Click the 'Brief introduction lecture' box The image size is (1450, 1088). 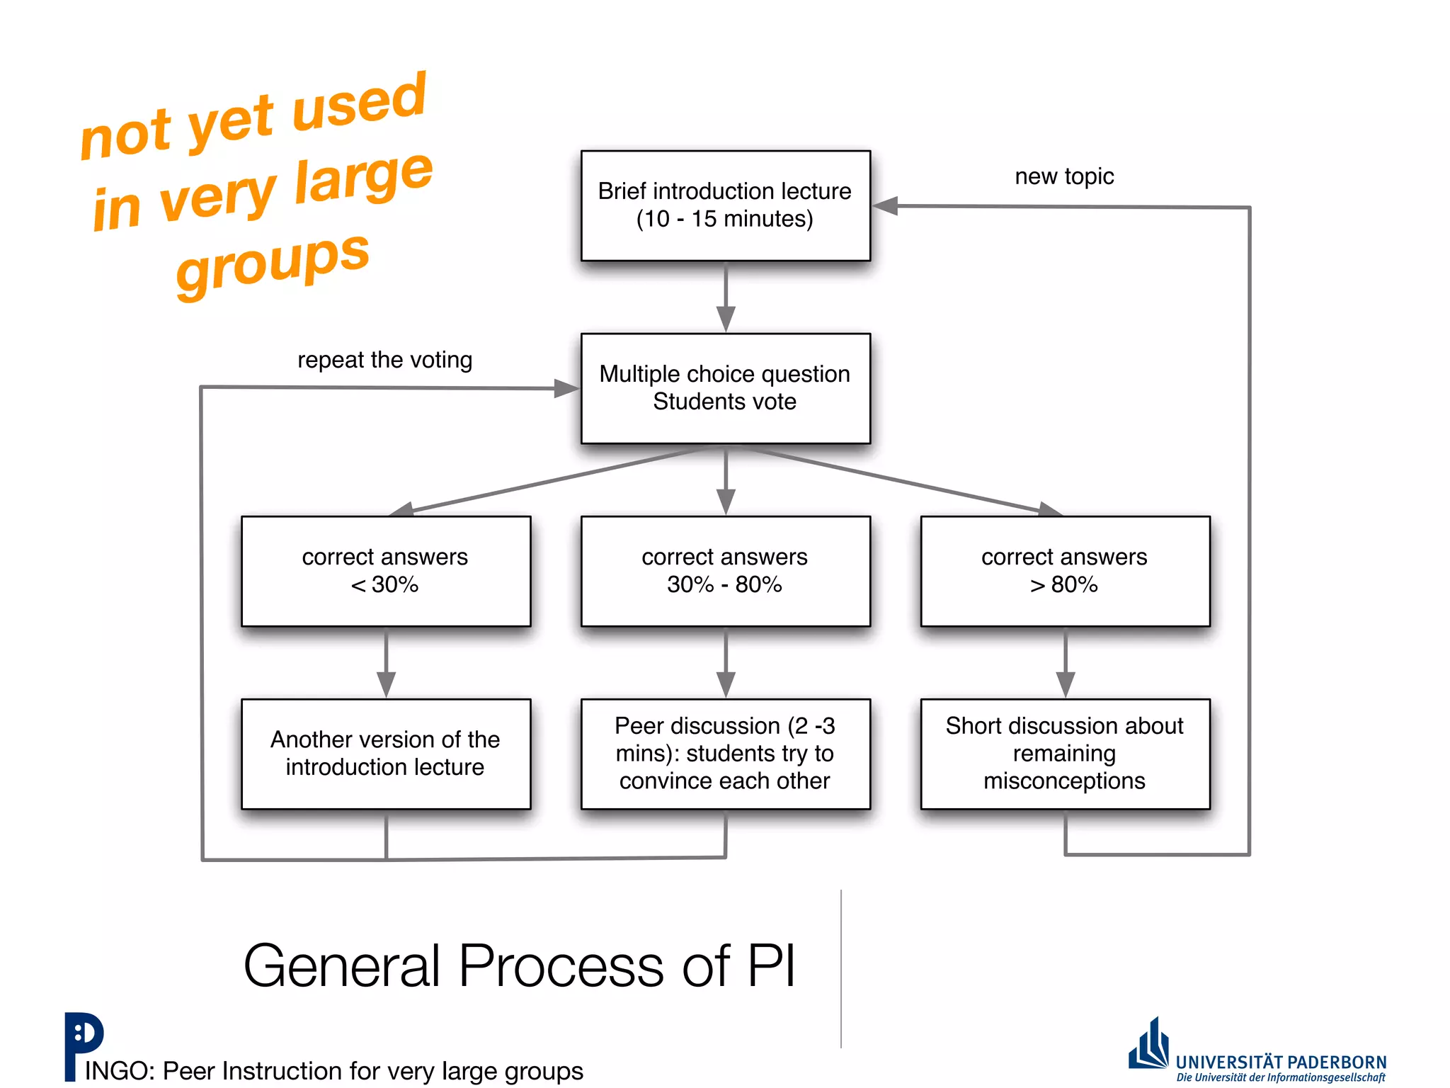[725, 205]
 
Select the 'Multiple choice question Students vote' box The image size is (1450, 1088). [725, 388]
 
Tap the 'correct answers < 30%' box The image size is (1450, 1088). [386, 571]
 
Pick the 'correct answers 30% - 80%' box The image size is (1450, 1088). [725, 571]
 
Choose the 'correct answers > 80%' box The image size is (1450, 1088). [1065, 571]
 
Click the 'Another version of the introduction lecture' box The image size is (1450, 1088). [386, 754]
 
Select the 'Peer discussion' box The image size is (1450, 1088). [725, 754]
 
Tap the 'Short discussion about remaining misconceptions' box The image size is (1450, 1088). [1065, 754]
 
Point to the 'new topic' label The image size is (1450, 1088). [1064, 176]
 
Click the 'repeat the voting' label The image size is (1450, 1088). [384, 360]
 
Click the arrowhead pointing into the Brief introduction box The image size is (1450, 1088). [885, 206]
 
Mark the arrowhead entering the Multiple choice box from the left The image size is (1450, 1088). [566, 388]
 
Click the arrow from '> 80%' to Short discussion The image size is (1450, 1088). [1066, 662]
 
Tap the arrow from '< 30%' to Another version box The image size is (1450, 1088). [386, 662]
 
